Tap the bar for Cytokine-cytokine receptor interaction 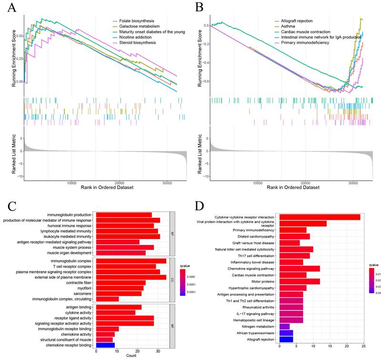point(320,217)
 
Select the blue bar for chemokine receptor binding point(105,344)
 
